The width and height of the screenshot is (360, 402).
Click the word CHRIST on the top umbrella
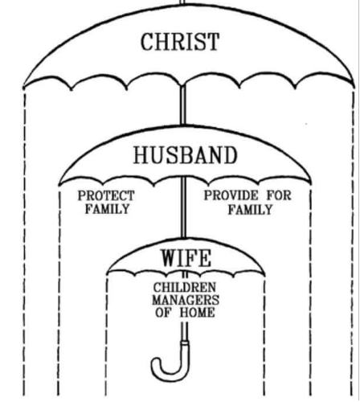(x=180, y=42)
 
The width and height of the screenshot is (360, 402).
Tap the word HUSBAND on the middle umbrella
(x=186, y=155)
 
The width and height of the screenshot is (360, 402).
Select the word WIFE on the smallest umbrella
(x=186, y=258)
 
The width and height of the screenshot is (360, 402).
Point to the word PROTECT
(x=106, y=195)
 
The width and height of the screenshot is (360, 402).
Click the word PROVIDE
(x=231, y=195)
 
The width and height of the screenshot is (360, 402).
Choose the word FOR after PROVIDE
(x=279, y=195)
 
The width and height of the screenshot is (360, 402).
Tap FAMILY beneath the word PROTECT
(x=108, y=209)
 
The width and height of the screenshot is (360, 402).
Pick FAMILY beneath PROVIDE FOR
(x=250, y=209)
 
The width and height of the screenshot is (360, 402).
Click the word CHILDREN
(x=185, y=288)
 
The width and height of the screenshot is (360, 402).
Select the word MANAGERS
(x=186, y=300)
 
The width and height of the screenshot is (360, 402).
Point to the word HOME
(x=197, y=313)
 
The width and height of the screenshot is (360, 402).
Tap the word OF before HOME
(x=163, y=313)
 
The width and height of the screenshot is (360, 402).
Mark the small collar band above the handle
(x=185, y=343)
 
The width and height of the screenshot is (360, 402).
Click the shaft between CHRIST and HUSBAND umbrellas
(x=183, y=105)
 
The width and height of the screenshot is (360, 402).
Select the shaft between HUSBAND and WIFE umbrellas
(x=183, y=207)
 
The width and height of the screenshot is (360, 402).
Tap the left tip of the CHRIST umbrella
(x=23, y=88)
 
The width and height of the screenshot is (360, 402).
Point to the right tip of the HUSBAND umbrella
(x=311, y=184)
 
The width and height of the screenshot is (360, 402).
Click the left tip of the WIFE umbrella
(x=107, y=274)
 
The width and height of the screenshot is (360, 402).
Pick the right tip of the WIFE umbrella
(x=264, y=274)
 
